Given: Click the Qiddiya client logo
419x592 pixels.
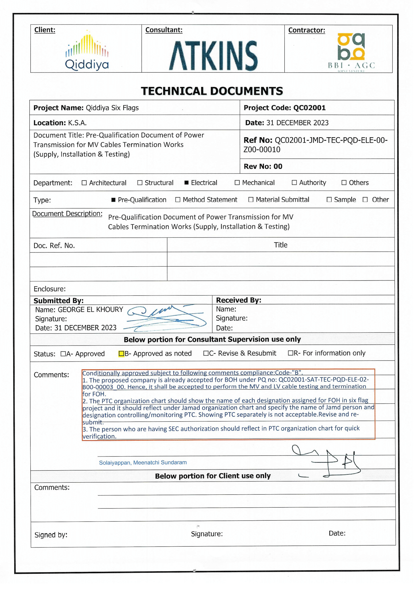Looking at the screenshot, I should point(87,51).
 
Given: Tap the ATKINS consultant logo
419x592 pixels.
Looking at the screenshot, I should point(213,55).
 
